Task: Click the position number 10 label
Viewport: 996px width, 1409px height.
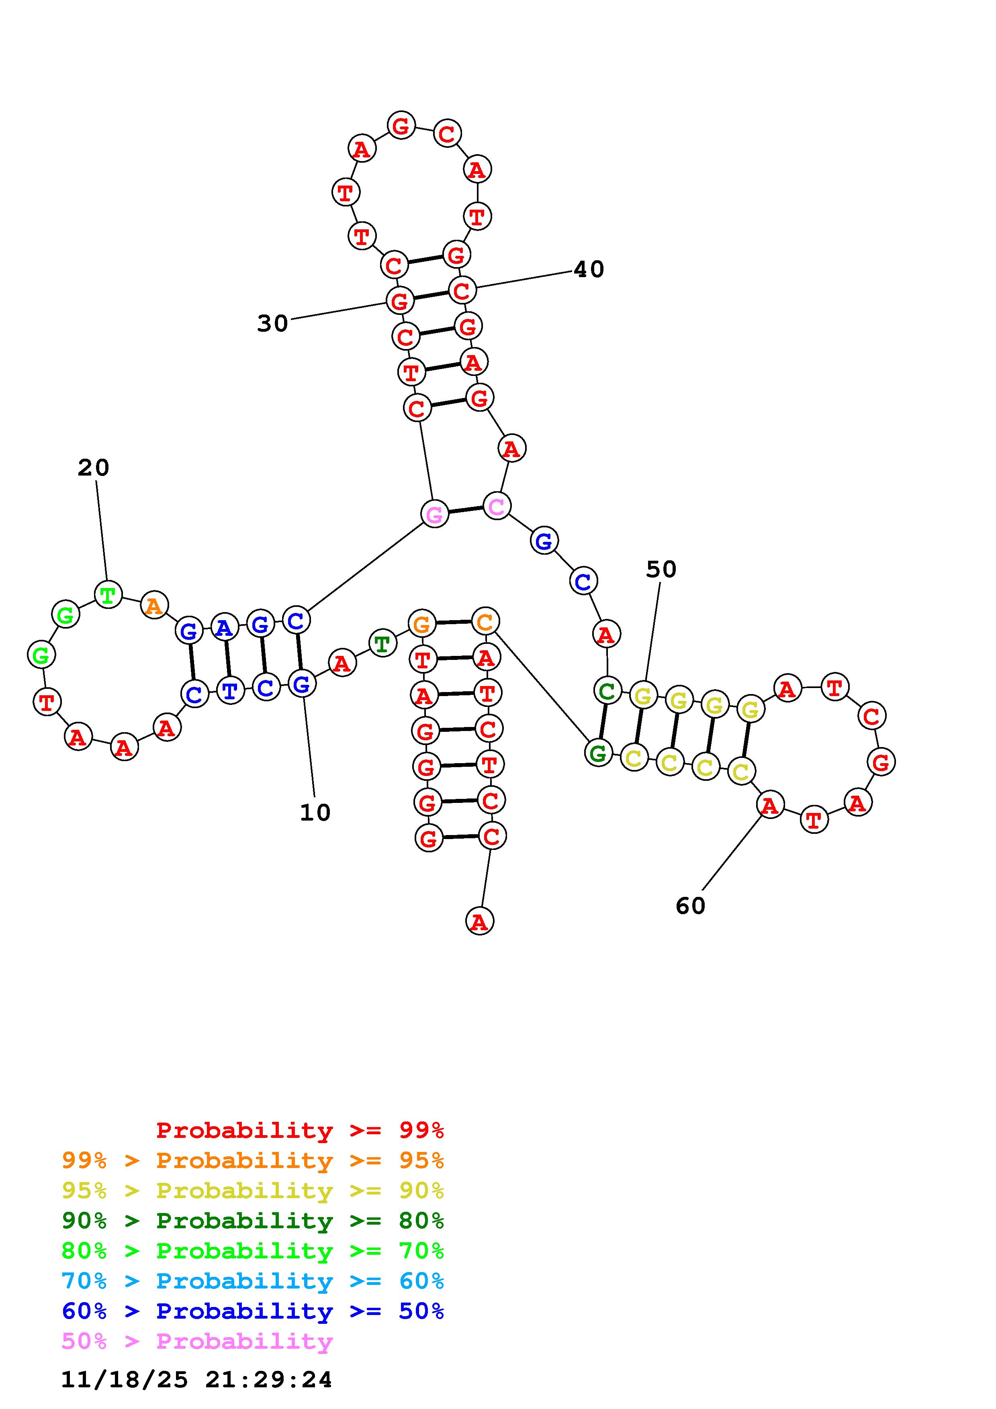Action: [x=315, y=813]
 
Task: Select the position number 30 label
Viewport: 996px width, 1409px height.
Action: [x=272, y=323]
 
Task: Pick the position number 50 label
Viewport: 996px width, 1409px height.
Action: [x=661, y=570]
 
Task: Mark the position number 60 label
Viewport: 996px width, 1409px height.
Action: [x=690, y=906]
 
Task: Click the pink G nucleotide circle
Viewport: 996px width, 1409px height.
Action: [x=434, y=514]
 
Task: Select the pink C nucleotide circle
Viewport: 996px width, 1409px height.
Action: [x=497, y=506]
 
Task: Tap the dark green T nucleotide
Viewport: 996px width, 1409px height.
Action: [x=382, y=644]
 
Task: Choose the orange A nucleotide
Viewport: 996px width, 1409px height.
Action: [x=154, y=606]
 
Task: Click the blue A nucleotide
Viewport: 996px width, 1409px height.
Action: [x=225, y=627]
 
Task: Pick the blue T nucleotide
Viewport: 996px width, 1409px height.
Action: [x=230, y=691]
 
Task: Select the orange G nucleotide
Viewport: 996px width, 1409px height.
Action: [x=421, y=624]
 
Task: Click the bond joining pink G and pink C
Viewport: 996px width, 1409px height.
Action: [x=465, y=509]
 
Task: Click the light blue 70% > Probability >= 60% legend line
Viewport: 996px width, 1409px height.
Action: [x=252, y=1281]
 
